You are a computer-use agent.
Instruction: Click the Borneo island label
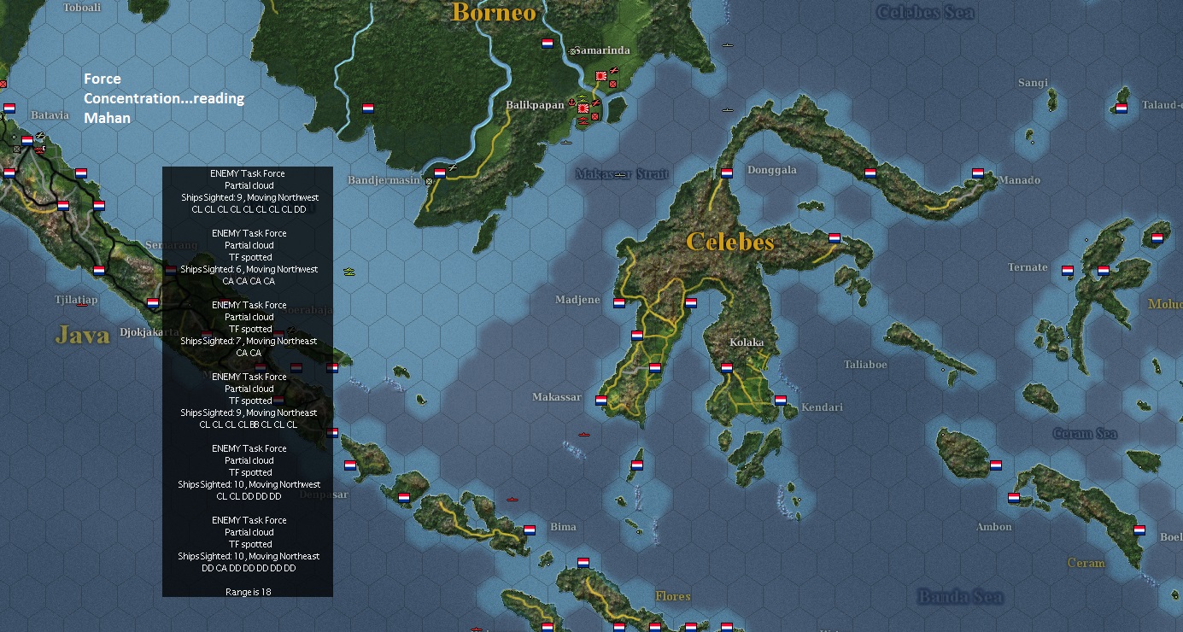tap(494, 12)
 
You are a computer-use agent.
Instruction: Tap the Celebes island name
tap(730, 242)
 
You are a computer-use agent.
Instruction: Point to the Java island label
tap(83, 335)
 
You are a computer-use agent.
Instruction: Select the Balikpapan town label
tap(535, 104)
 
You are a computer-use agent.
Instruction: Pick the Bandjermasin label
tap(384, 180)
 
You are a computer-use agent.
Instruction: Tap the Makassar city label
tap(556, 397)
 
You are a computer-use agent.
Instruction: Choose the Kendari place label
tap(822, 407)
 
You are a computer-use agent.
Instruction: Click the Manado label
tap(1019, 180)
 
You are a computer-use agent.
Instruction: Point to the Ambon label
tap(994, 527)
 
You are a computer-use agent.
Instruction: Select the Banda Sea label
tap(960, 596)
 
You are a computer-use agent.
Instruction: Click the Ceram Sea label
tap(1085, 434)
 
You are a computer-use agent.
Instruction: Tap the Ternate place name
tap(1028, 267)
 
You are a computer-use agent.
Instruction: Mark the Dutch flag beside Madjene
tap(619, 301)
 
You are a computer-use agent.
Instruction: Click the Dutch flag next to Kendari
tap(781, 400)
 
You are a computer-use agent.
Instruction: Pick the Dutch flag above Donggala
tap(726, 173)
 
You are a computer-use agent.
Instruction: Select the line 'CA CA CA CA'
tap(249, 281)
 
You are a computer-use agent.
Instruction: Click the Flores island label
tap(673, 596)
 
